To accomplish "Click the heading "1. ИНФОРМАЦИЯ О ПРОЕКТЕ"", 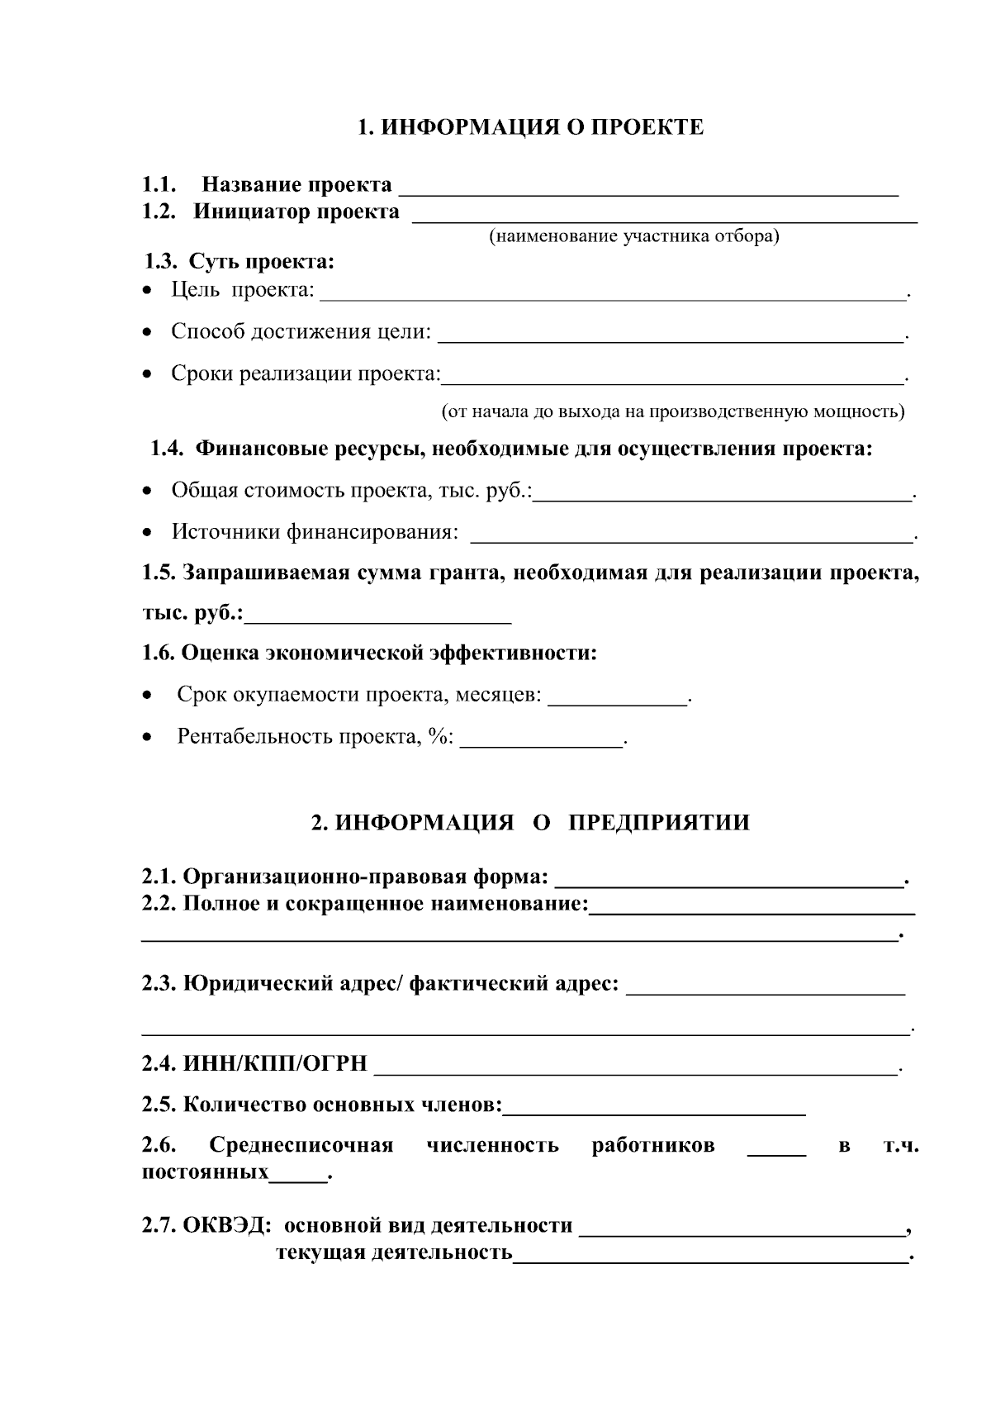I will (x=530, y=127).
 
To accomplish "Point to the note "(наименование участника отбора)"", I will (x=634, y=237).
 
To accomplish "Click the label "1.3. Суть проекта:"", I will (x=239, y=263).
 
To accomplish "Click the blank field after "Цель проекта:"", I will (x=613, y=292).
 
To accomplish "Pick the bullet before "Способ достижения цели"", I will (x=147, y=332).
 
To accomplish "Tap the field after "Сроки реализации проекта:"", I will (x=672, y=377).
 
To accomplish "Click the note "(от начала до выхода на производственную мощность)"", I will (x=673, y=411).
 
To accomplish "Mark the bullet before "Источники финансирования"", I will (x=147, y=533).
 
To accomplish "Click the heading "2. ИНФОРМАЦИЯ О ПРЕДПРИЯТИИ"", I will (x=531, y=823).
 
